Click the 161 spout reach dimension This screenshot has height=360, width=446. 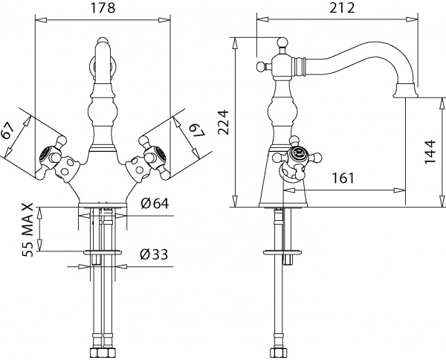pos(343,179)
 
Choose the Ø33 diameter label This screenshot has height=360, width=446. pos(152,255)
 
